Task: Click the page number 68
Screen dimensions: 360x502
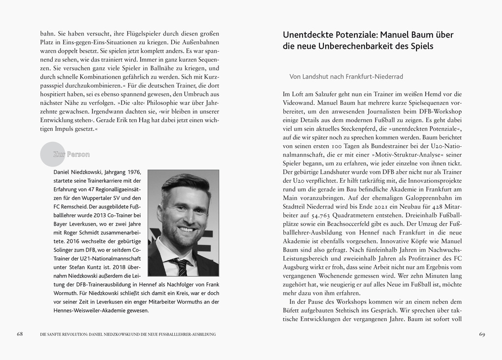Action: tap(20, 334)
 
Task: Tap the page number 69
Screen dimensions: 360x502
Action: tap(482, 334)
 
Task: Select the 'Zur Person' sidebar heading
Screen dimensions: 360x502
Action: tap(71, 154)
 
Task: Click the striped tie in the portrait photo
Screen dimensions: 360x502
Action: tap(181, 266)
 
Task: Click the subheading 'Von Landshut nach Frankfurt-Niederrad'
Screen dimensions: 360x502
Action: tap(346, 77)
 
